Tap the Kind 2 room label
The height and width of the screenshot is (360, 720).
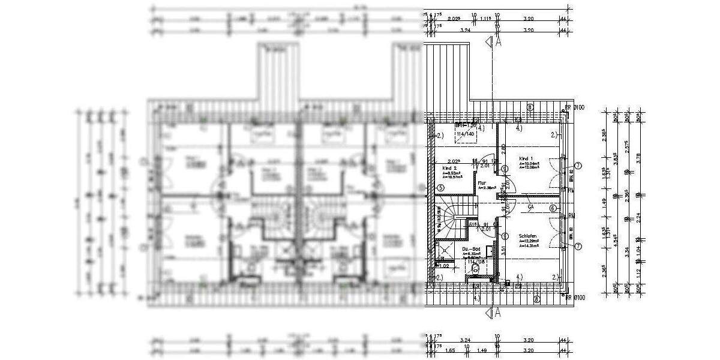(x=450, y=169)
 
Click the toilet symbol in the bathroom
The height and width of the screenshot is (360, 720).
(x=476, y=269)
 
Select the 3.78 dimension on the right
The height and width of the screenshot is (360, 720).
(x=638, y=158)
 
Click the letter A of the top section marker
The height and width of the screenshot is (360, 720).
(x=497, y=42)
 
